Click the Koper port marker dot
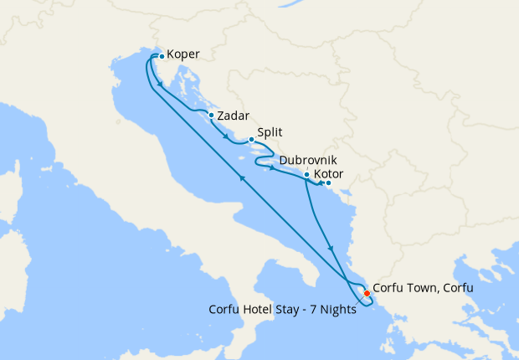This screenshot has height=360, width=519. pos(162,57)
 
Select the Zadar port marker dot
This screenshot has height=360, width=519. pos(211,116)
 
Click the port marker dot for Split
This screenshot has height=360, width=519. pos(251,140)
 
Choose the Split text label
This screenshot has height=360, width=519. pos(270,132)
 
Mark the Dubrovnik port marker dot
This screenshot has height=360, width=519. pos(307,175)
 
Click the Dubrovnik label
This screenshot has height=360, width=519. pos(309,159)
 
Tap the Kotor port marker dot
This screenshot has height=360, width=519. pos(328,183)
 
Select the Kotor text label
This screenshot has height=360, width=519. pos(327,174)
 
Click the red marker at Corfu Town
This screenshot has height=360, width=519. pos(367,293)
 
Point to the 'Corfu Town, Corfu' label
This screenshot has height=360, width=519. pos(423,288)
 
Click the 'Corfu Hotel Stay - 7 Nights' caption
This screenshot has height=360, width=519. pos(282,308)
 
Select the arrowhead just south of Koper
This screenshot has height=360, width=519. pos(159,84)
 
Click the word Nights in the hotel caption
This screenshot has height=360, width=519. pos(339,308)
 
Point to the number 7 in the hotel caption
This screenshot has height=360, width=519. pos(311,308)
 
